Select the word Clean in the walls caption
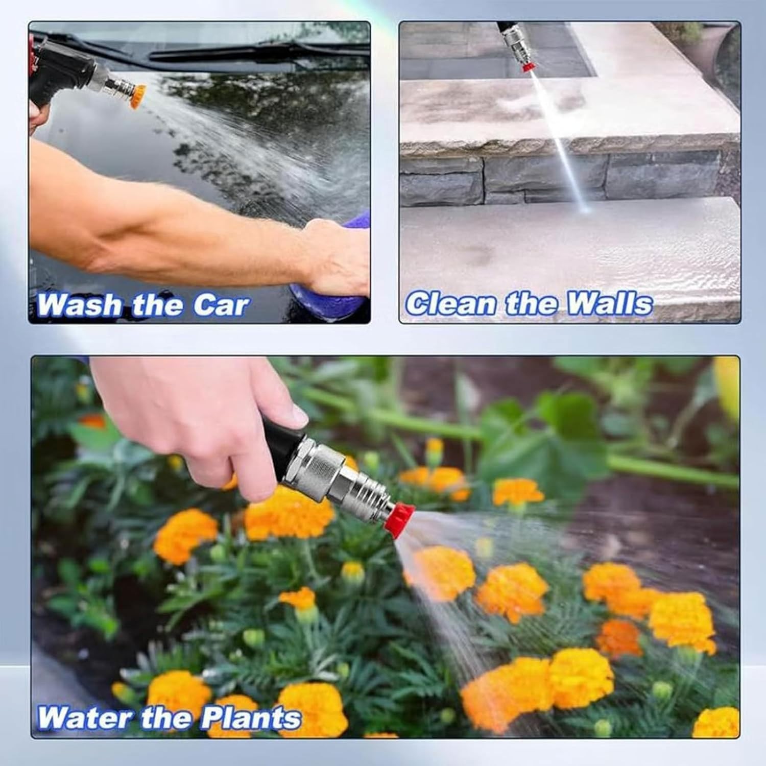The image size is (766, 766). tap(451, 303)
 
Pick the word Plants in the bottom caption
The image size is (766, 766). tap(250, 718)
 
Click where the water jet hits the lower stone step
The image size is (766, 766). tap(585, 208)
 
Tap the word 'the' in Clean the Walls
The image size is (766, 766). tap(531, 303)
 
